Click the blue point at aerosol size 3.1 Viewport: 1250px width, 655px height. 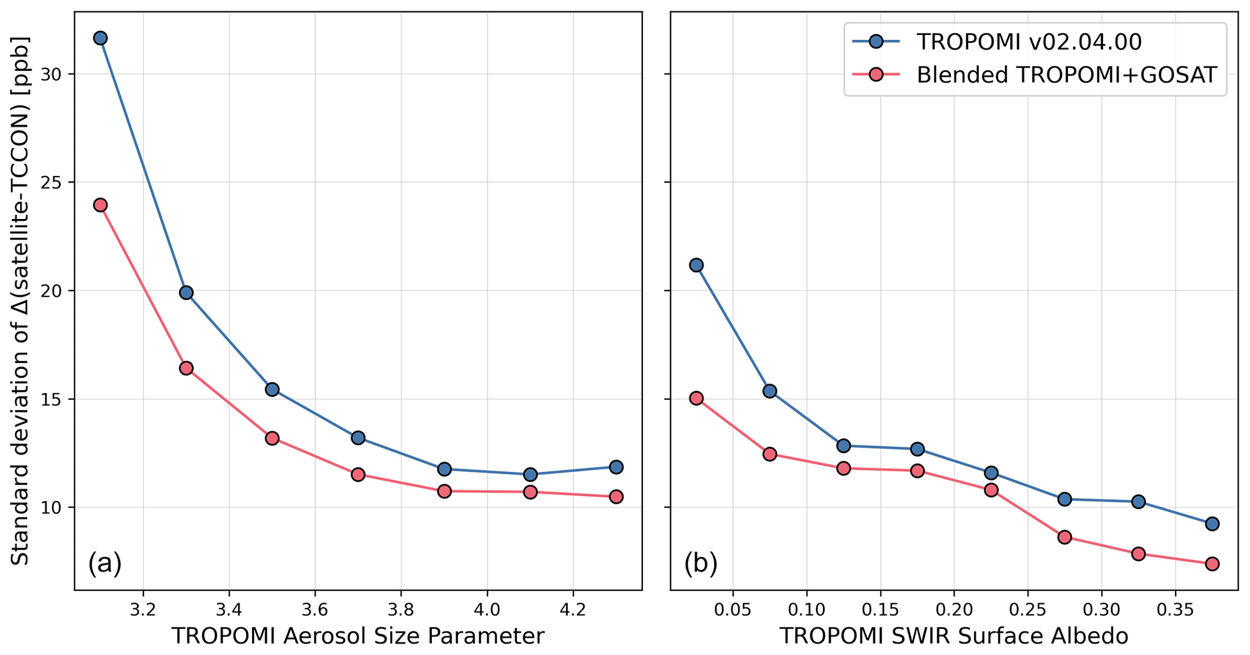point(100,38)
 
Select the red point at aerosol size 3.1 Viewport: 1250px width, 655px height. point(100,205)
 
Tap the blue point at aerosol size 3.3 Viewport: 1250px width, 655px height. point(186,293)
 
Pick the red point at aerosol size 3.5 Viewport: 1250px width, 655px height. point(272,438)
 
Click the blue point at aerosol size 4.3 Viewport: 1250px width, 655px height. point(616,467)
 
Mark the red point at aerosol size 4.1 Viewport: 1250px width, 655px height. point(530,492)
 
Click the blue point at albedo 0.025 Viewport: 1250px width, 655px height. point(696,265)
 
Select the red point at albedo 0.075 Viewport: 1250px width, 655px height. point(770,454)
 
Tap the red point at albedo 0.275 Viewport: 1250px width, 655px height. point(1065,537)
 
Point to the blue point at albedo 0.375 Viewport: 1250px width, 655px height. point(1212,524)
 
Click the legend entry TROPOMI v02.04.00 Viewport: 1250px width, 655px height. point(1029,42)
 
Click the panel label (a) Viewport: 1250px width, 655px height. point(105,563)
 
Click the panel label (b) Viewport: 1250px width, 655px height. point(701,563)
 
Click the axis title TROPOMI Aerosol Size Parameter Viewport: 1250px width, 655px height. point(358,637)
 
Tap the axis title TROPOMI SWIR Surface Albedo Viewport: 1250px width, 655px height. point(954,637)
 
